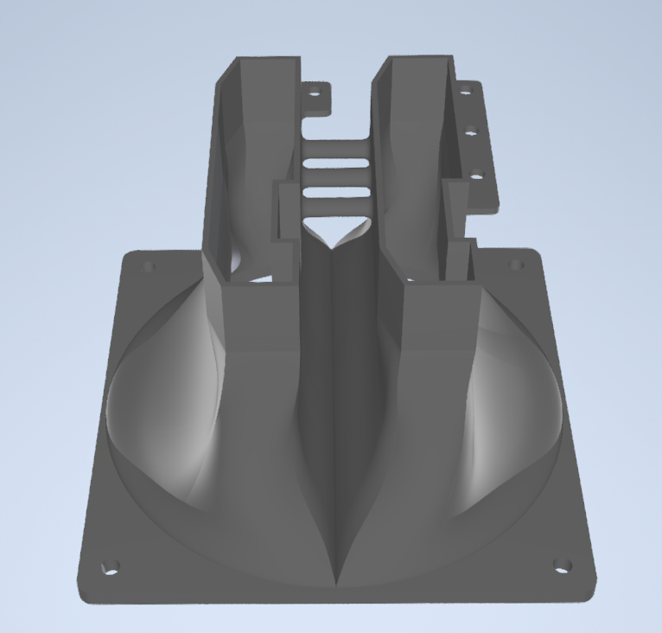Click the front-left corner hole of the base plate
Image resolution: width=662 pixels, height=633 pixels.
coord(110,567)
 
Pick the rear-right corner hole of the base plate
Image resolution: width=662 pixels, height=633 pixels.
coord(518,265)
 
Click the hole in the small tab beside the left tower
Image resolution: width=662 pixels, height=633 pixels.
coord(315,91)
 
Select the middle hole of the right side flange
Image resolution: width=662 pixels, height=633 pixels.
coord(471,132)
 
